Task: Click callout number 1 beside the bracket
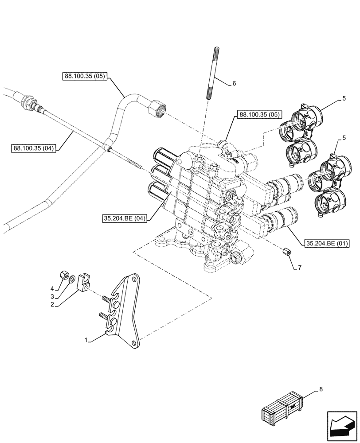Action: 86,340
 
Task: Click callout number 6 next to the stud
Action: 234,83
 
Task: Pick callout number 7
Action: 300,268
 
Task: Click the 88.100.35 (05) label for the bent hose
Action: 85,76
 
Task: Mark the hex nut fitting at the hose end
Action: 159,108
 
